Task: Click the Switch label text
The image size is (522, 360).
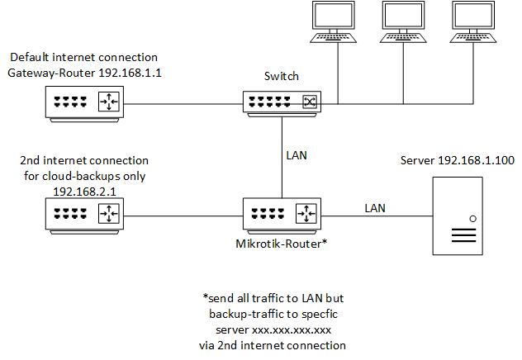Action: coord(282,76)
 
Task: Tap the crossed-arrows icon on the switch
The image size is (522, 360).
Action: coord(310,102)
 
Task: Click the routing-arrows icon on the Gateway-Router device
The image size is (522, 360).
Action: coord(109,102)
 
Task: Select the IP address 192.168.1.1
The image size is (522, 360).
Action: coord(130,73)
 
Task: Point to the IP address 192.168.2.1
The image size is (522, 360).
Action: coord(84,192)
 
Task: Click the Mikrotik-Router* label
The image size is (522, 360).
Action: coord(282,244)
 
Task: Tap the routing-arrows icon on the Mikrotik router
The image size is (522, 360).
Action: coord(306,213)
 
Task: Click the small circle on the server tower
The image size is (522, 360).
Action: coord(472,219)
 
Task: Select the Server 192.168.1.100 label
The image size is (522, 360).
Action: coord(458,160)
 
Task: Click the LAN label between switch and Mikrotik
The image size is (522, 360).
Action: coord(297,155)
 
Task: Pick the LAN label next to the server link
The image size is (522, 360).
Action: coord(375,208)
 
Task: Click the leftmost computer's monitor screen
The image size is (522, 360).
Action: coord(333,16)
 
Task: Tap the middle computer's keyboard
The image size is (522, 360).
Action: coord(403,38)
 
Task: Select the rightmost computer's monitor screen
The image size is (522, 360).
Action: coord(473,16)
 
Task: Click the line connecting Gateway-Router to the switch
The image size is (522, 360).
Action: coord(183,104)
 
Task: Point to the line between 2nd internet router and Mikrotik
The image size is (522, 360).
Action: coord(183,216)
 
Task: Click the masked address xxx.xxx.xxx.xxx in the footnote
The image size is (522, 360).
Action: coord(292,330)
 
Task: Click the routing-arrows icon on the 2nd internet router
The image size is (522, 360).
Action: coord(109,213)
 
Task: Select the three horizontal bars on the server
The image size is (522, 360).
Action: coord(463,235)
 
